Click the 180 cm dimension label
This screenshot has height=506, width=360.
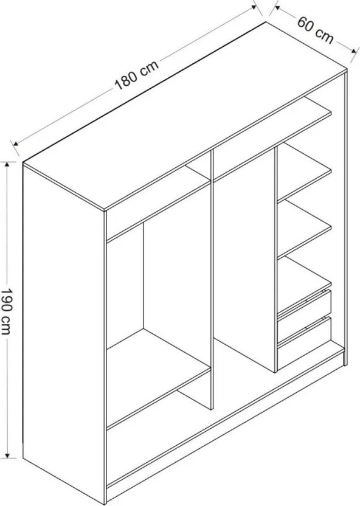click(137, 75)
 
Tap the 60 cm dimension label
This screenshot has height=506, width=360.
click(315, 30)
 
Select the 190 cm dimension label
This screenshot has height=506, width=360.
click(7, 311)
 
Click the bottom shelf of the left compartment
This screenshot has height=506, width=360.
click(159, 379)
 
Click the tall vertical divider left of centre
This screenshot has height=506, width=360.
click(212, 280)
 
